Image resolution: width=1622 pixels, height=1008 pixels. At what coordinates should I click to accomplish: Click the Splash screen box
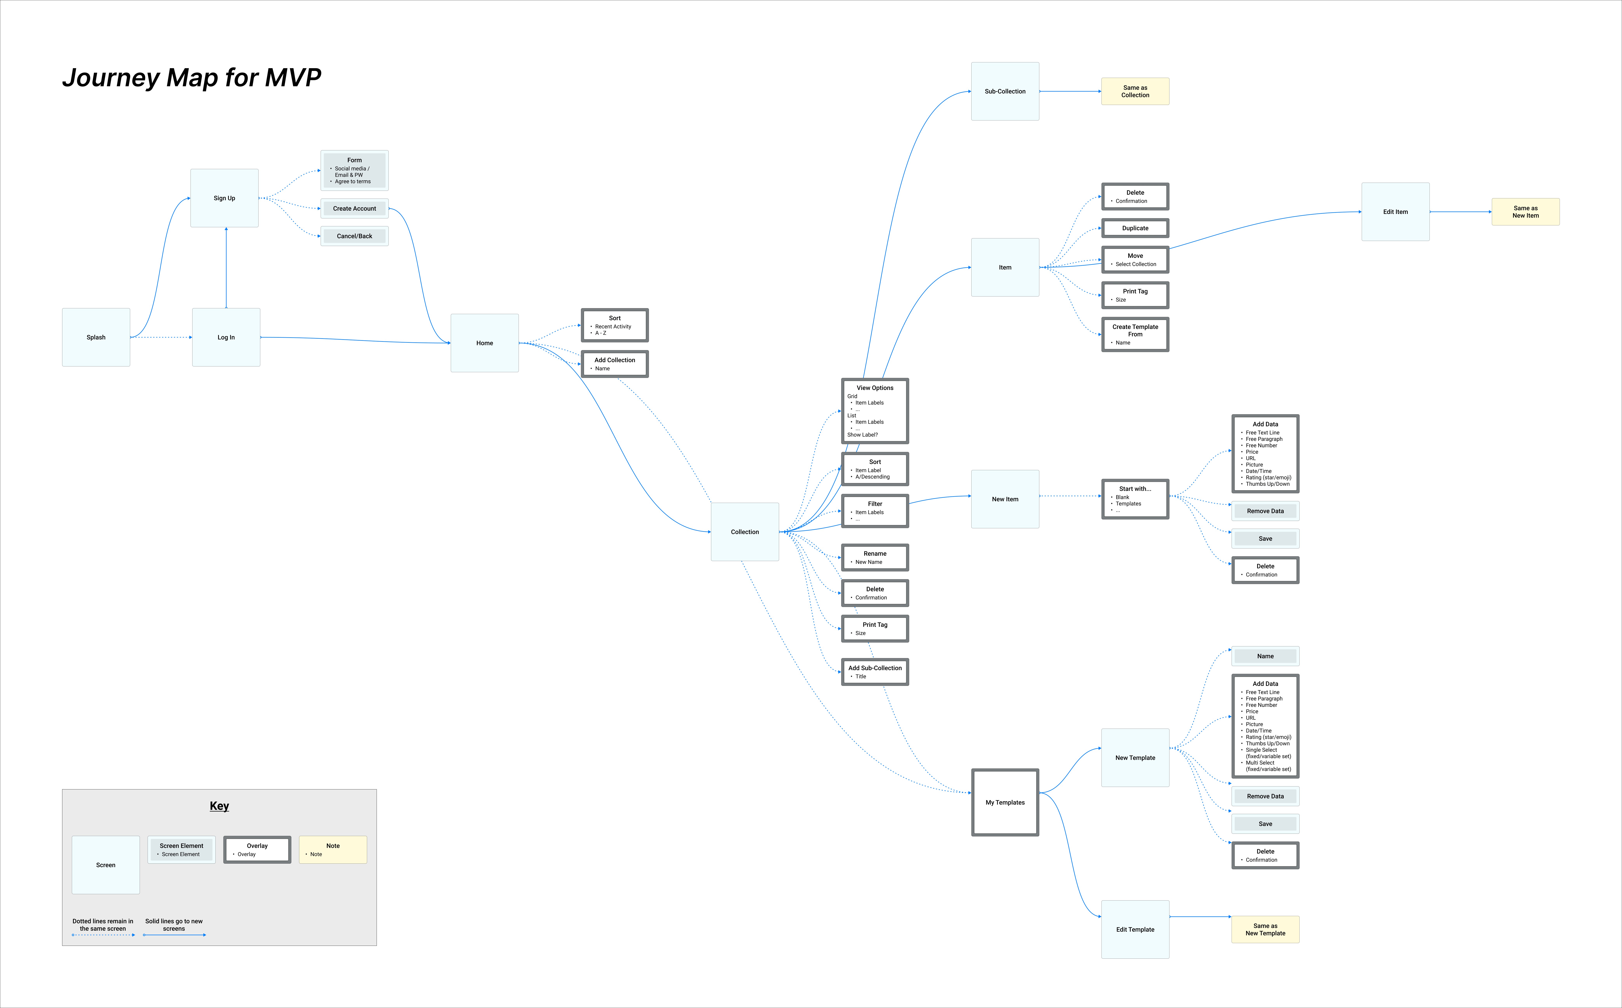pyautogui.click(x=96, y=337)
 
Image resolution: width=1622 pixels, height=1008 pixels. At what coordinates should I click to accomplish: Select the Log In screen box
pyautogui.click(x=226, y=337)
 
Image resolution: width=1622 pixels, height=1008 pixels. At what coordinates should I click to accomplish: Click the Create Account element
pyautogui.click(x=354, y=209)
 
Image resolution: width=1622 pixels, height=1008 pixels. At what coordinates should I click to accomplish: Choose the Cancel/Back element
pyautogui.click(x=354, y=236)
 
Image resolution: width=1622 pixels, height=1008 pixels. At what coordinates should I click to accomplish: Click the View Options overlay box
pyautogui.click(x=875, y=411)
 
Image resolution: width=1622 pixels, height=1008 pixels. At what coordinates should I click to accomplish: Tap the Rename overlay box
pyautogui.click(x=875, y=557)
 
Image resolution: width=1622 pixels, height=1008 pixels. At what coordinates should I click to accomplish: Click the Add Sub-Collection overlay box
pyautogui.click(x=875, y=671)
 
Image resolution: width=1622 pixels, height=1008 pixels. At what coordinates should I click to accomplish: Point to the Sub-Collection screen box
pyautogui.click(x=1005, y=91)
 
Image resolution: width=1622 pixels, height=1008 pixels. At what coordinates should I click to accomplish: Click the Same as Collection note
pyautogui.click(x=1135, y=91)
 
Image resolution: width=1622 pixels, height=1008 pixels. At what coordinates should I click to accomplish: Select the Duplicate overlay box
pyautogui.click(x=1135, y=228)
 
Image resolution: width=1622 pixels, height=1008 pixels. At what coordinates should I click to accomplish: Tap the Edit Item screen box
pyautogui.click(x=1395, y=212)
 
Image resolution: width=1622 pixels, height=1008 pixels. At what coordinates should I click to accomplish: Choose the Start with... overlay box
pyautogui.click(x=1135, y=499)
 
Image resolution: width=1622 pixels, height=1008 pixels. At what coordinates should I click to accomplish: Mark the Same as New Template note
pyautogui.click(x=1265, y=929)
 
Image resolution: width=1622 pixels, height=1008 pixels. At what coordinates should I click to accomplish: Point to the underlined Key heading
pyautogui.click(x=219, y=806)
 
